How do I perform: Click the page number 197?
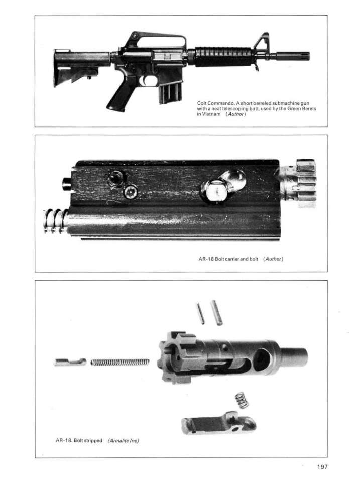tap(321, 467)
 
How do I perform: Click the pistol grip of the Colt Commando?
tap(120, 95)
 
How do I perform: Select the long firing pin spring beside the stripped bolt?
tap(121, 362)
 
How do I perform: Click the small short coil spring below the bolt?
tap(242, 400)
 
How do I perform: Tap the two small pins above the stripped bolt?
tap(209, 312)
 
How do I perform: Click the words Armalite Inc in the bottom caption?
tap(123, 440)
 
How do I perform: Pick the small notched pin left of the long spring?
tap(70, 361)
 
